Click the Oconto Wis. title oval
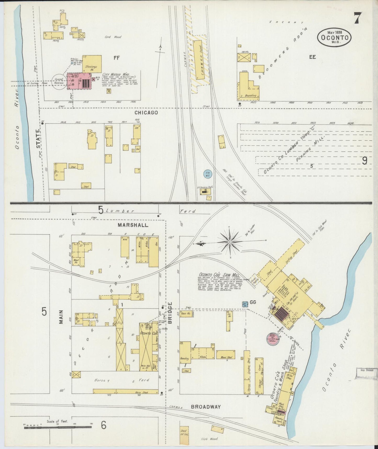(334, 37)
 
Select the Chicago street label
(146, 113)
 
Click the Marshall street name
(133, 225)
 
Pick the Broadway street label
(206, 407)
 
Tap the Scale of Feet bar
(58, 427)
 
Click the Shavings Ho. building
(92, 64)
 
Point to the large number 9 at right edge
(365, 161)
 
